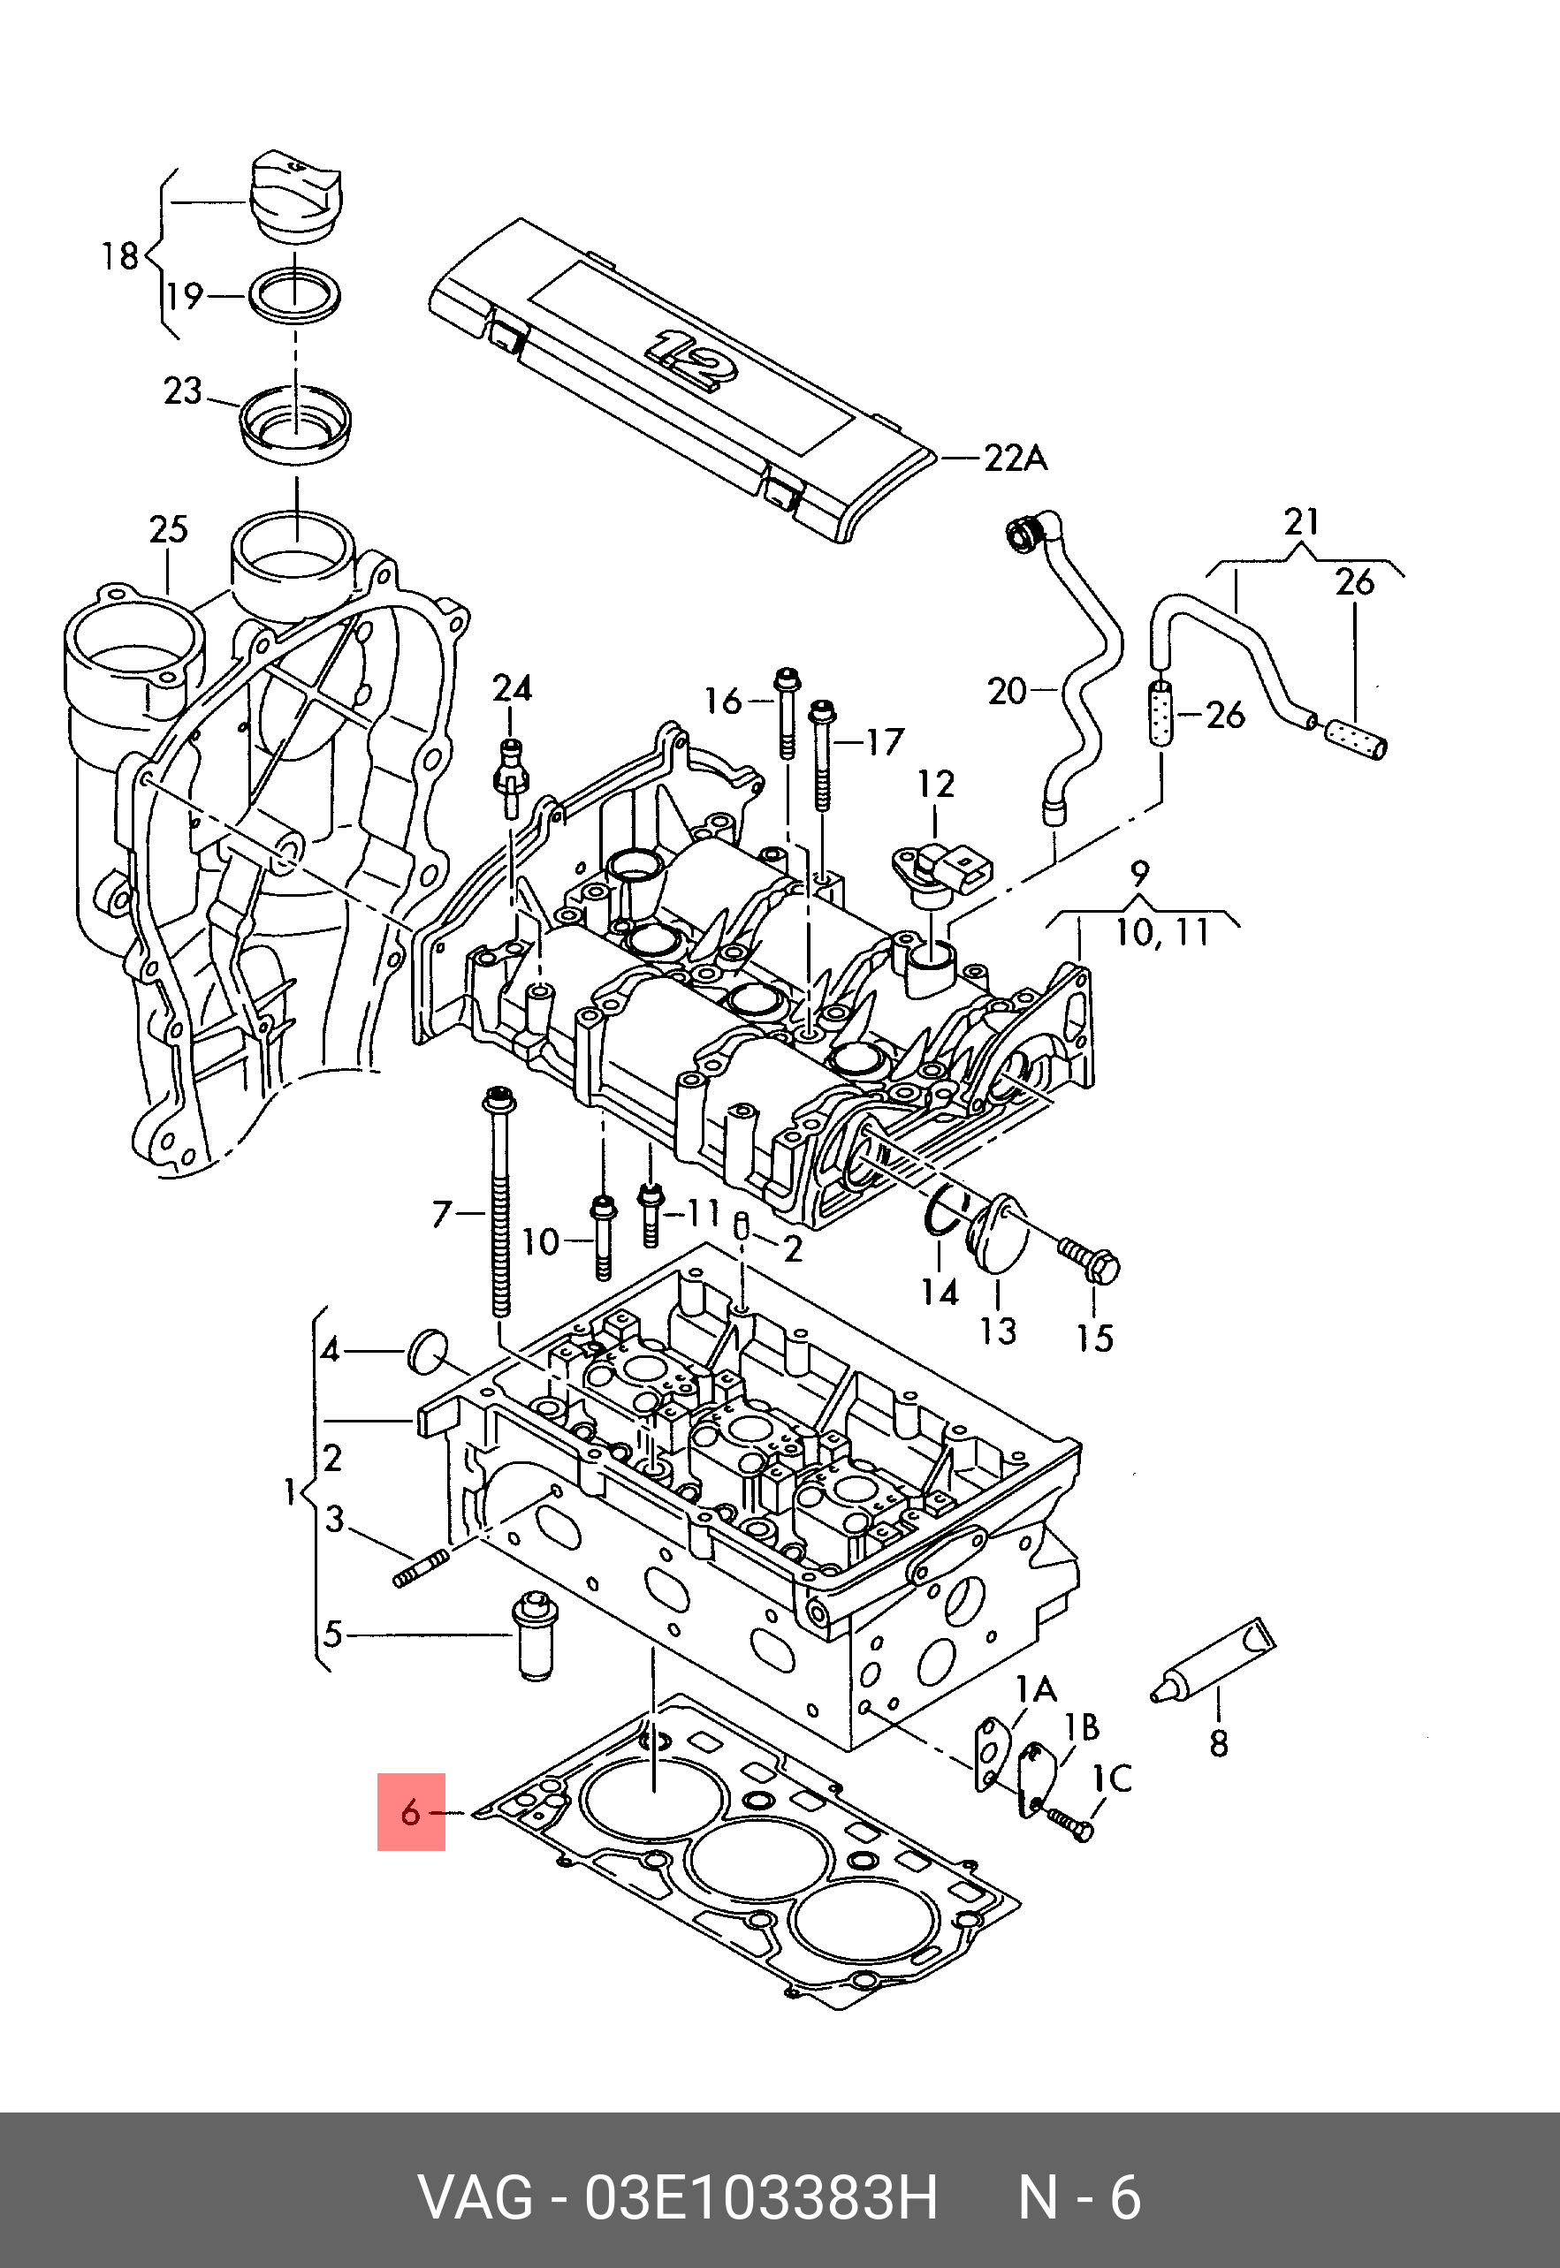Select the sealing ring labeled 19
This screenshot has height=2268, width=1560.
tap(296, 292)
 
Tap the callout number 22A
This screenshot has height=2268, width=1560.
tap(1015, 458)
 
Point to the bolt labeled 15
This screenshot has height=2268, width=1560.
tap(1090, 1260)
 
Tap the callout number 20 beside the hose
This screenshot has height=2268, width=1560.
tap(1007, 692)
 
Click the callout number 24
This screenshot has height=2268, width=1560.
tap(511, 689)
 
